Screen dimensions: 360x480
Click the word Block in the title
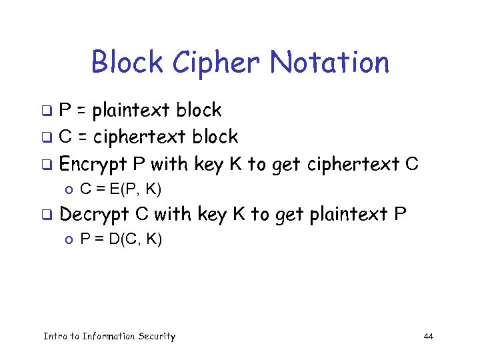coord(127,62)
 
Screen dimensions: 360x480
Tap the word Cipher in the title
coord(215,62)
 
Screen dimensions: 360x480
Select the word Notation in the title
coord(329,62)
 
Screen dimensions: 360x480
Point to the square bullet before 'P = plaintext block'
coord(48,111)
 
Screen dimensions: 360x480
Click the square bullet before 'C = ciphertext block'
coord(48,138)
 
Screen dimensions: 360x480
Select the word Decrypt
coord(101,215)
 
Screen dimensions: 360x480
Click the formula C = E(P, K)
coord(121,190)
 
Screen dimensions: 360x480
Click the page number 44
coord(428,336)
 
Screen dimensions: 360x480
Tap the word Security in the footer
coord(157,336)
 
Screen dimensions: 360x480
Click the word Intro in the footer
coord(54,336)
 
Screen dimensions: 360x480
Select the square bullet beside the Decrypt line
coord(48,215)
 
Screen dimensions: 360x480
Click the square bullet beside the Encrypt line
coord(48,165)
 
